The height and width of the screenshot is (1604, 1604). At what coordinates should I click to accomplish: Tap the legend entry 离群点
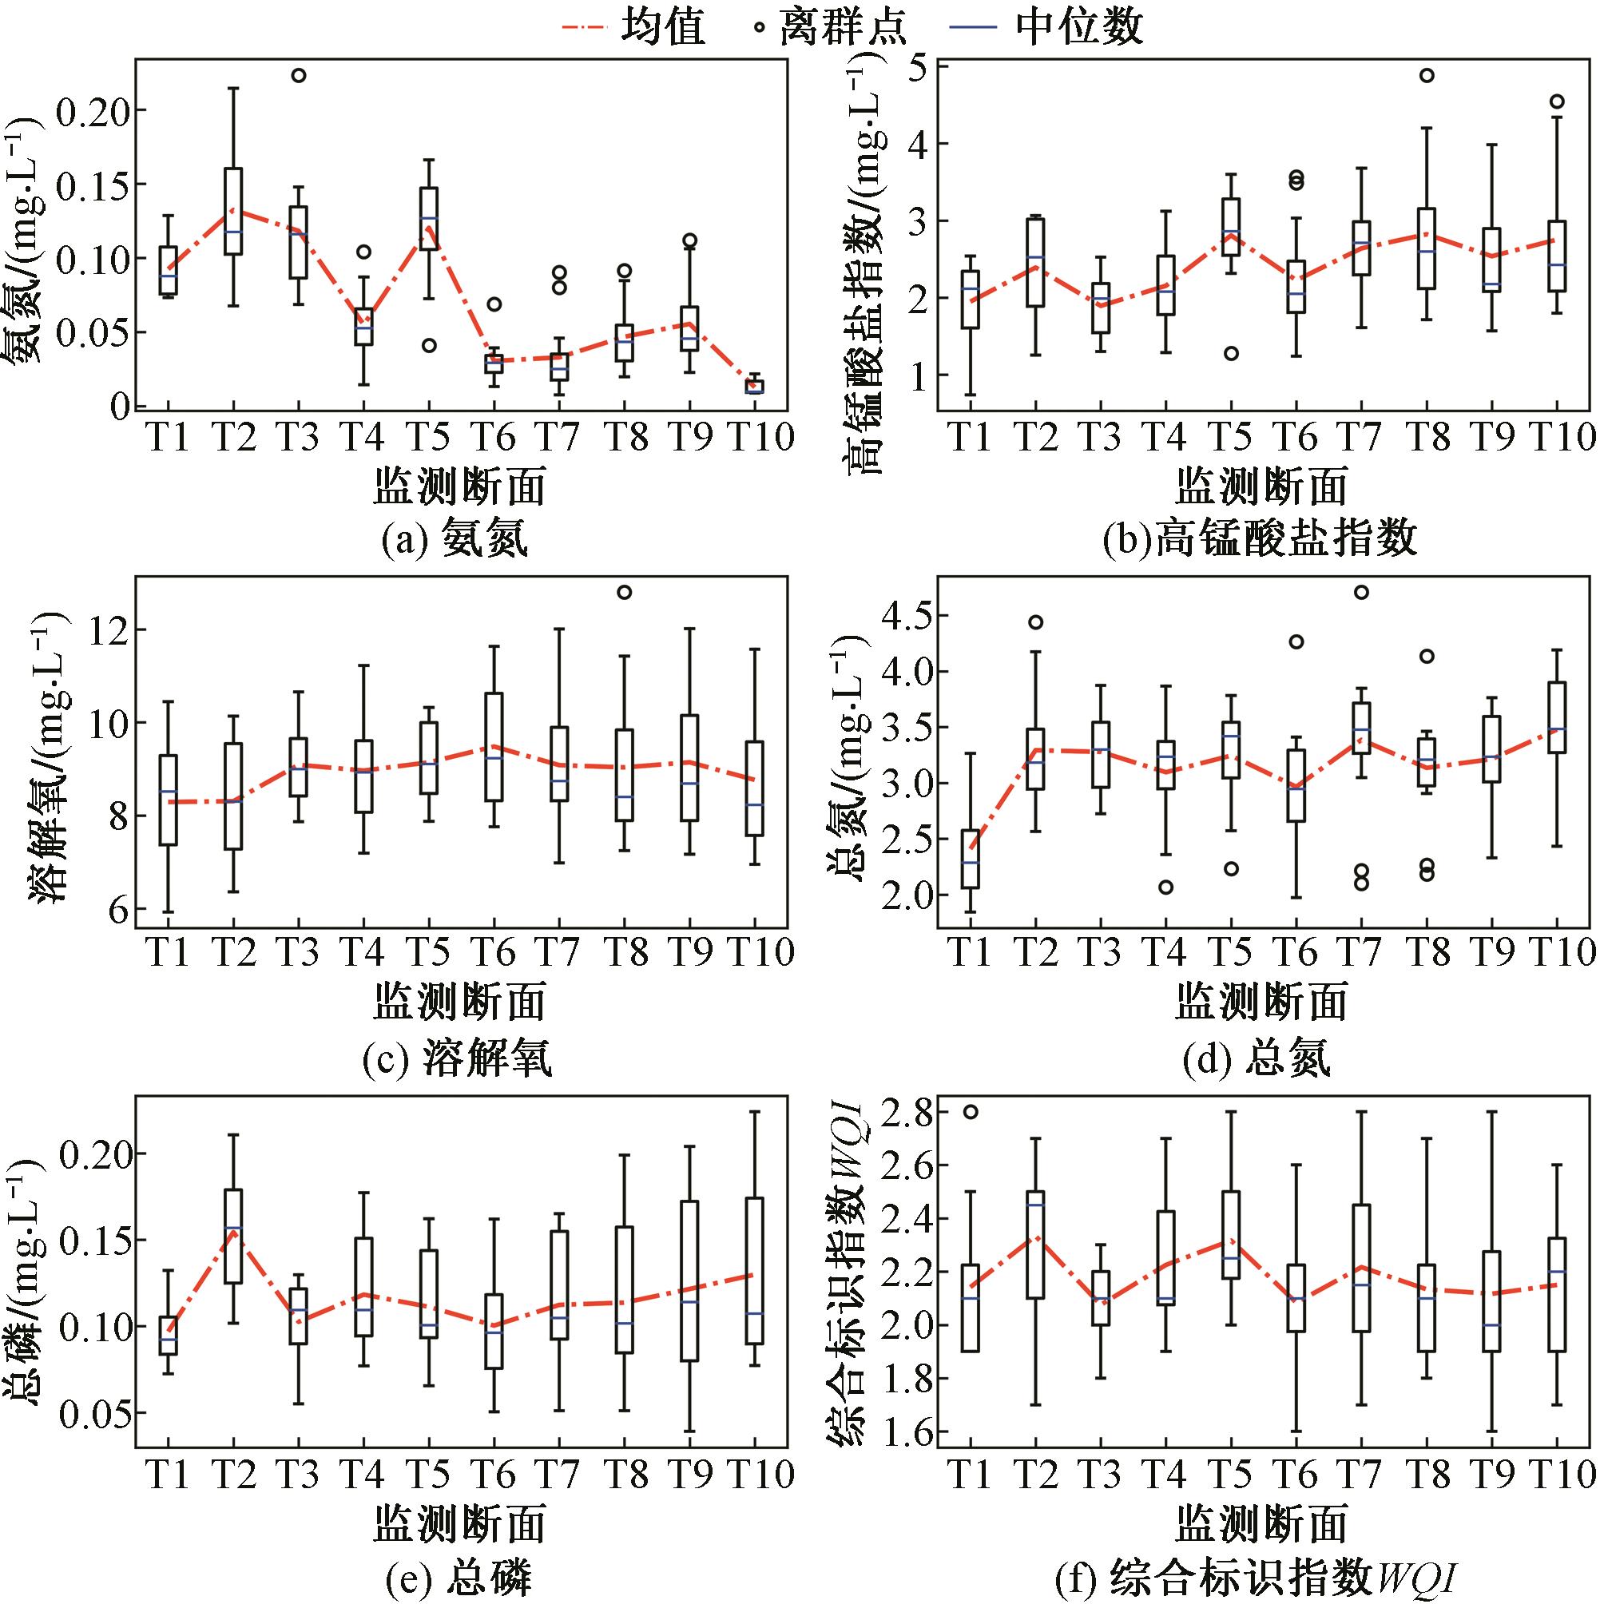tap(830, 27)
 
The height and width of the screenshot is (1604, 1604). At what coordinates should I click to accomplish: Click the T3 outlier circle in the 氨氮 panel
tap(298, 76)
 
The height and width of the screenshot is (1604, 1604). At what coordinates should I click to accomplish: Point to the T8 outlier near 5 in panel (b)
tap(1427, 76)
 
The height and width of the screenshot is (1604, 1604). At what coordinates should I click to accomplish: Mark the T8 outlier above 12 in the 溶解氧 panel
tap(625, 592)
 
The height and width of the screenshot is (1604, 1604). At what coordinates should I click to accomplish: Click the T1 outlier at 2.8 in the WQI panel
tap(970, 1113)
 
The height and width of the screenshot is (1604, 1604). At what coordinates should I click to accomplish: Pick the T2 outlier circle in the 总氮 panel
tap(1035, 621)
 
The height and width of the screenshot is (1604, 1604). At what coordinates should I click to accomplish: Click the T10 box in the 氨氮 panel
tap(754, 387)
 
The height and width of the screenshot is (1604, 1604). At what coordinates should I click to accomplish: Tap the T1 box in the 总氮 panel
tap(970, 859)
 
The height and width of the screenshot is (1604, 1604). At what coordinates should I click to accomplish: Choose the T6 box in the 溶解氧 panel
tap(494, 746)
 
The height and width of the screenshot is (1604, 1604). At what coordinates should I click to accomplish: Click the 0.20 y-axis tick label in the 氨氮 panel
tap(92, 110)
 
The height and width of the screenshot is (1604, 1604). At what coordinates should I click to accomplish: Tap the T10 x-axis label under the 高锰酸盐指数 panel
tap(1563, 438)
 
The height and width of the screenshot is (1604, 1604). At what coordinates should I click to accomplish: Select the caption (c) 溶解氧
tap(457, 1060)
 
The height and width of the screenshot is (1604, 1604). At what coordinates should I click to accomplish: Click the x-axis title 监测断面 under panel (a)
tap(459, 486)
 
